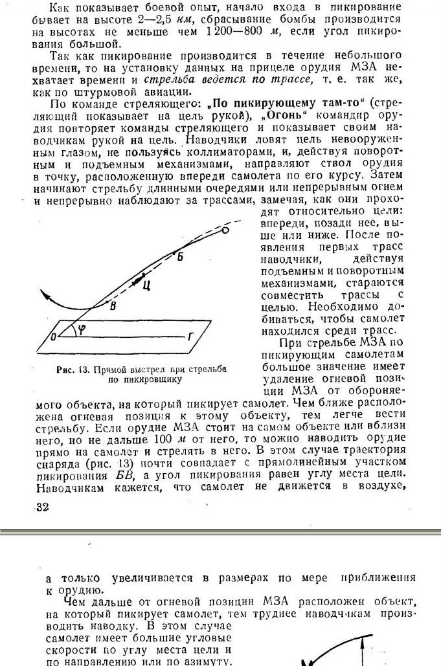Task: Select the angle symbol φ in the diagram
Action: tap(81, 329)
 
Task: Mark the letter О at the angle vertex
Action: tap(53, 336)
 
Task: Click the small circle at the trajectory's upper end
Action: tap(225, 230)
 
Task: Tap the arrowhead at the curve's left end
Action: tap(44, 295)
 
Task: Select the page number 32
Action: tap(42, 507)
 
